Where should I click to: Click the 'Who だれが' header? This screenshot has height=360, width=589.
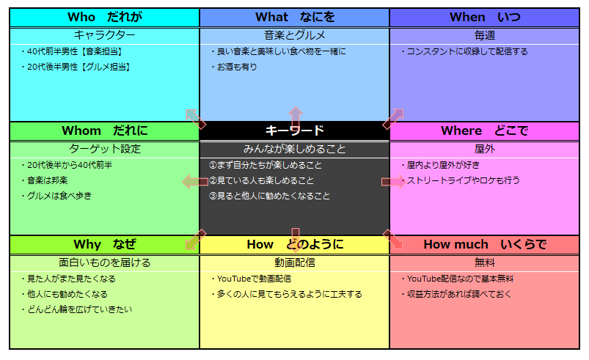104,18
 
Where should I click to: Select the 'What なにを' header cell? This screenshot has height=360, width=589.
295,18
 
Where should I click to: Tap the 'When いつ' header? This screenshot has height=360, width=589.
485,18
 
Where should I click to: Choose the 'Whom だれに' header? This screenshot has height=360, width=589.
104,131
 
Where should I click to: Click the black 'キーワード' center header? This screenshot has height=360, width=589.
295,131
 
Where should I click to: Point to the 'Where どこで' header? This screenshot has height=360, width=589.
485,131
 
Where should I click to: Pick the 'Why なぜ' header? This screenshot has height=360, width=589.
104,244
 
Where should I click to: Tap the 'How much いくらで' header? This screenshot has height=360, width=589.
485,244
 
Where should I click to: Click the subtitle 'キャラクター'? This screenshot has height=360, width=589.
104,35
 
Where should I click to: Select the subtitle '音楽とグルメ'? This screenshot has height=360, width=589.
295,35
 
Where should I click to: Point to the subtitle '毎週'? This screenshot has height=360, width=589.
485,35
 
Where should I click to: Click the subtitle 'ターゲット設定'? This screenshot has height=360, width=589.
104,149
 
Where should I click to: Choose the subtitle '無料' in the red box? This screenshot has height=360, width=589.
485,262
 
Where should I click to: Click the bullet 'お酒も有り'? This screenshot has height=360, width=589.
234,67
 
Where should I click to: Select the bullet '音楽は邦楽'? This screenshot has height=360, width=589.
44,180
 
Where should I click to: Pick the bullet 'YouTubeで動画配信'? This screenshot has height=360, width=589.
251,279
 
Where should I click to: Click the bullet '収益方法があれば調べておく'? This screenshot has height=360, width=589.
456,294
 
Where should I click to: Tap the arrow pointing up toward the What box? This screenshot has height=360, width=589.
296,118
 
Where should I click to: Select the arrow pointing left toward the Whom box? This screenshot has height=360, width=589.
195,182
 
